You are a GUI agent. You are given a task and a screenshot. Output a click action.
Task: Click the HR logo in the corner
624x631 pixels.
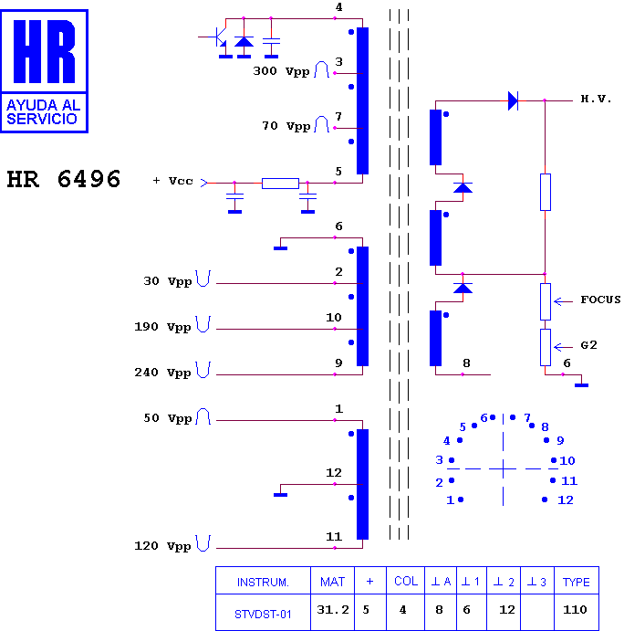click(x=45, y=69)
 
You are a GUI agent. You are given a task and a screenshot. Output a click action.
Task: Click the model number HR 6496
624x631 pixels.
click(x=64, y=179)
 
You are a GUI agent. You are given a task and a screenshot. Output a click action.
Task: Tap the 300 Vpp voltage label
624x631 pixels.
click(x=282, y=70)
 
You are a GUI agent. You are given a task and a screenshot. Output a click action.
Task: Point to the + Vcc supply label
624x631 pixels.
click(x=172, y=181)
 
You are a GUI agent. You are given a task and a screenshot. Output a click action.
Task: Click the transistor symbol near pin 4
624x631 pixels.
click(x=220, y=38)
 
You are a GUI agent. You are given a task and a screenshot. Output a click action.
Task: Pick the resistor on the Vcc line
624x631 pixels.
click(x=280, y=183)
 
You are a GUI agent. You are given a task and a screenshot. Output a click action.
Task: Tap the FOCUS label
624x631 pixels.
click(x=599, y=300)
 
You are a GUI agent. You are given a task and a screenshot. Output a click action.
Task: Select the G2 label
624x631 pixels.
click(x=590, y=346)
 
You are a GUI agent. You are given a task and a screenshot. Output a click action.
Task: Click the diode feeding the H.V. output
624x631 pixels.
click(x=513, y=100)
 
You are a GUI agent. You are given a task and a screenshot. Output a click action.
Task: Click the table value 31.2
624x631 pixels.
click(x=333, y=610)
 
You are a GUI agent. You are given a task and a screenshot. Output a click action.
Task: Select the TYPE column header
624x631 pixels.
click(x=576, y=582)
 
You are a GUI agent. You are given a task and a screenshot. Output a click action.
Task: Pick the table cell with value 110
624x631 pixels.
click(x=576, y=609)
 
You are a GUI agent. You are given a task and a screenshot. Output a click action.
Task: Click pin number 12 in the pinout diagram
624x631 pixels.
click(x=566, y=500)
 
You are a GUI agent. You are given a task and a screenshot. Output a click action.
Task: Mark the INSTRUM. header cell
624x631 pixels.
click(x=263, y=582)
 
